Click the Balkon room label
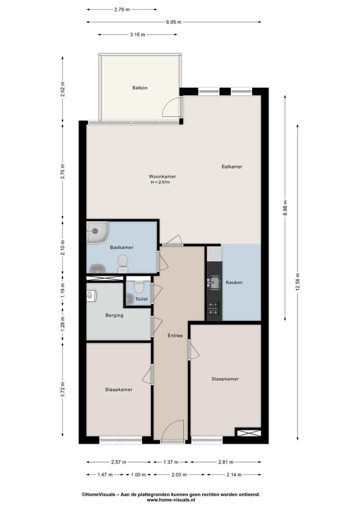click(x=140, y=88)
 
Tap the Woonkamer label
click(x=162, y=176)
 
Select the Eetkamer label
click(x=232, y=166)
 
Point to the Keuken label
click(x=234, y=282)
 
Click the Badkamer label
click(x=121, y=247)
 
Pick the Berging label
click(x=114, y=315)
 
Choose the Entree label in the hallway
click(x=175, y=336)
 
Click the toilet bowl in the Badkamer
click(x=122, y=261)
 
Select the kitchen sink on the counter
click(x=214, y=282)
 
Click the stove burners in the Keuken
click(x=213, y=309)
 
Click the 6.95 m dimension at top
click(x=173, y=22)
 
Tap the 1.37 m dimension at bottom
click(x=170, y=462)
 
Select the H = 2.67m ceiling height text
click(x=160, y=183)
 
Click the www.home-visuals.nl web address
click(x=170, y=500)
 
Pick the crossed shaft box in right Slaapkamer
click(x=248, y=433)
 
